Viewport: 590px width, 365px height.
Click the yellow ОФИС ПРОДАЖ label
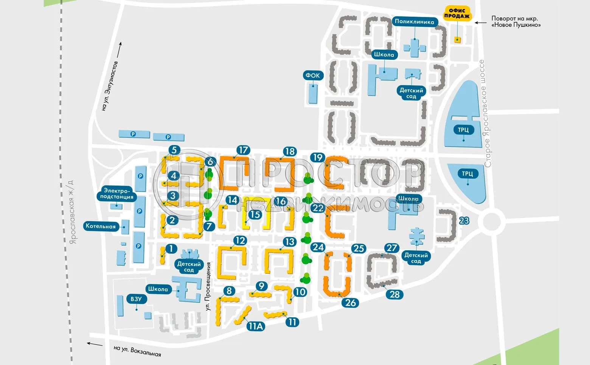[x=457, y=13]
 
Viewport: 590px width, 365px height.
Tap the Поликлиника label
[x=415, y=22]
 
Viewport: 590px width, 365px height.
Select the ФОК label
[x=313, y=75]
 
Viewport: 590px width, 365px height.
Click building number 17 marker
[x=243, y=150]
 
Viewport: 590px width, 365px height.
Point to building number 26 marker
[x=351, y=303]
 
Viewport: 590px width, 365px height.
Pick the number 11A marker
[x=255, y=326]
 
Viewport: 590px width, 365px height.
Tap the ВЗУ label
[x=136, y=299]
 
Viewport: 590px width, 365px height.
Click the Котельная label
[x=101, y=226]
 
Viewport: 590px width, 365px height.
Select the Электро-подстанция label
[x=116, y=193]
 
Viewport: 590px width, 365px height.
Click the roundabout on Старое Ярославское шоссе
[x=491, y=221]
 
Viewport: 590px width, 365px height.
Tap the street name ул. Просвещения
[x=208, y=286]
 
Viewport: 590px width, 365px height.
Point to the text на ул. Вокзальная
[x=137, y=351]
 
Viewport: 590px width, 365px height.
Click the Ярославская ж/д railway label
[x=72, y=212]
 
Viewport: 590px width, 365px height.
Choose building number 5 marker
[x=174, y=150]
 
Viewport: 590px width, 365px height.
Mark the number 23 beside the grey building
[x=464, y=221]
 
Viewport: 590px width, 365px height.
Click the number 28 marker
[x=394, y=294]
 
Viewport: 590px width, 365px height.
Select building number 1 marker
[x=171, y=249]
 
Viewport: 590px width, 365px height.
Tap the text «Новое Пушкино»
[x=516, y=25]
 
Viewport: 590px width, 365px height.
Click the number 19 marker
[x=318, y=158]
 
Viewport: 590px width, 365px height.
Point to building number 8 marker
[x=229, y=291]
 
